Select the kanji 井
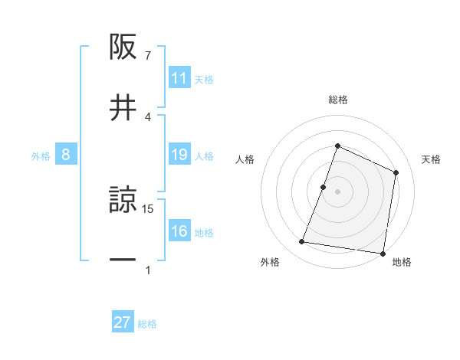pyautogui.click(x=123, y=107)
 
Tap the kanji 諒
pyautogui.click(x=123, y=201)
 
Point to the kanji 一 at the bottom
pyautogui.click(x=123, y=260)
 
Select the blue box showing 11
pyautogui.click(x=179, y=78)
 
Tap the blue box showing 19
pyautogui.click(x=179, y=155)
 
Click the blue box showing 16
pyautogui.click(x=179, y=231)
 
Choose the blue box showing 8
pyautogui.click(x=66, y=155)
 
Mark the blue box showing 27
pyautogui.click(x=123, y=322)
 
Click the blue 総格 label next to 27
pyautogui.click(x=147, y=324)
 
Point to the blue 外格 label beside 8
pyautogui.click(x=41, y=155)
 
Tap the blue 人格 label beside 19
pyautogui.click(x=205, y=155)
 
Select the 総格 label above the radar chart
pyautogui.click(x=338, y=100)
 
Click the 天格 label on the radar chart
pyautogui.click(x=432, y=159)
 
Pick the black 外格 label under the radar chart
pyautogui.click(x=270, y=262)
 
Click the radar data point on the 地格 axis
pyautogui.click(x=383, y=254)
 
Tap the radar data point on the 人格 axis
pyautogui.click(x=324, y=186)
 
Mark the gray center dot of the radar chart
pyautogui.click(x=338, y=191)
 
